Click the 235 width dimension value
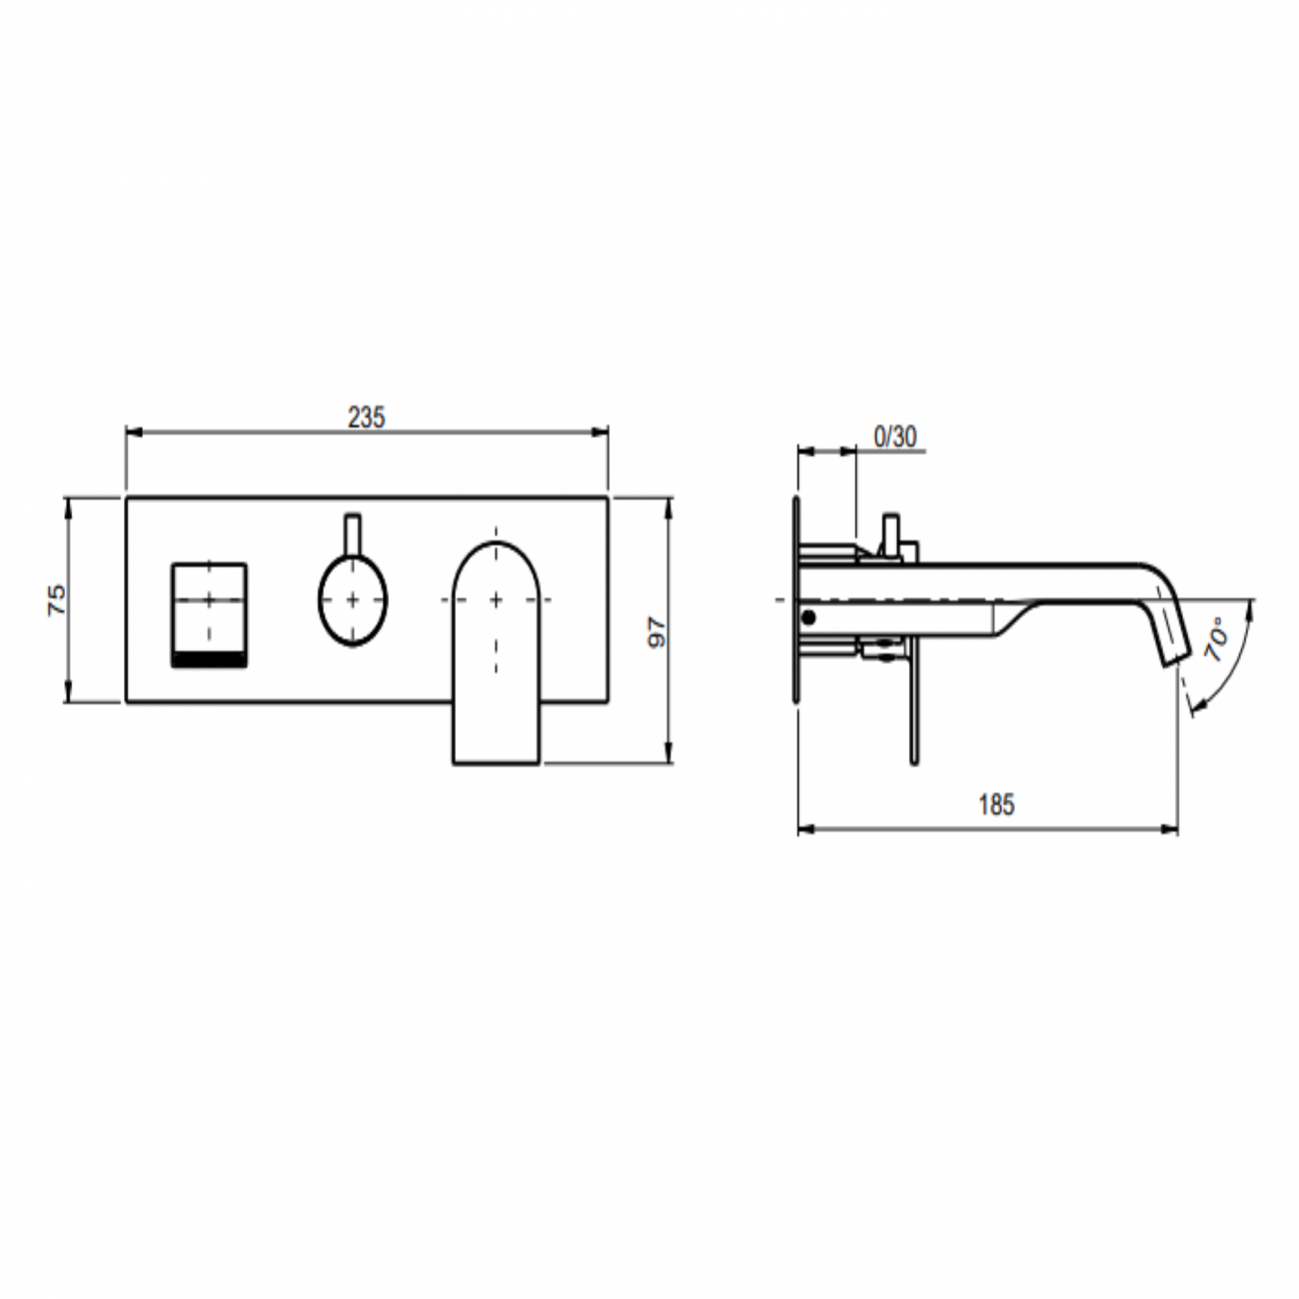click(x=366, y=418)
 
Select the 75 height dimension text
click(x=59, y=599)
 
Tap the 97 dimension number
click(x=656, y=632)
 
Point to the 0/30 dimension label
click(x=894, y=437)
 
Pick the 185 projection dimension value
click(x=995, y=804)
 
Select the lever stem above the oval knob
click(x=352, y=535)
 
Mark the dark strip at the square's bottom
click(x=209, y=660)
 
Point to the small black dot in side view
click(x=808, y=619)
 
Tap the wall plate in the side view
click(x=796, y=600)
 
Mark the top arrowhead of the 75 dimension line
click(x=68, y=504)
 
